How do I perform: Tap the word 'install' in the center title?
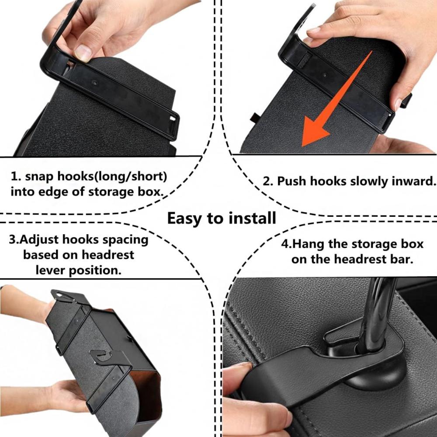click(x=252, y=218)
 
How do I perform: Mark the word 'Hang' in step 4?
click(x=309, y=244)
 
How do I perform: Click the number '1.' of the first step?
click(x=16, y=177)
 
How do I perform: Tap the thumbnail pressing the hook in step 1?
click(x=83, y=52)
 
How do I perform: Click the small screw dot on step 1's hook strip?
click(x=95, y=83)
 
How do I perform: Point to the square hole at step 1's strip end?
click(x=173, y=119)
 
